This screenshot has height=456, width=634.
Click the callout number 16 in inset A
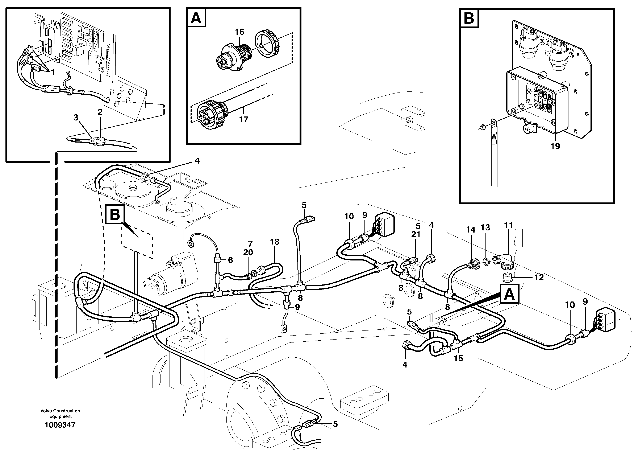pyautogui.click(x=239, y=32)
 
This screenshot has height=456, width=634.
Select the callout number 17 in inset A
pyautogui.click(x=243, y=119)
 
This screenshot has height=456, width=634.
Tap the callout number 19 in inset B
pyautogui.click(x=555, y=146)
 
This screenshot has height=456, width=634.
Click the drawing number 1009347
pyautogui.click(x=60, y=425)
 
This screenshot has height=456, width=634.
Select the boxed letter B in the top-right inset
pyautogui.click(x=469, y=18)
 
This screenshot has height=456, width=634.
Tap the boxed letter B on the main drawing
pyautogui.click(x=115, y=215)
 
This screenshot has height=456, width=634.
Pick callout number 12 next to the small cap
pyautogui.click(x=539, y=277)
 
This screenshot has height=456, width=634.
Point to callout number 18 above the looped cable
pyautogui.click(x=275, y=242)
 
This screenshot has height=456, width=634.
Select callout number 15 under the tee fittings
pyautogui.click(x=458, y=358)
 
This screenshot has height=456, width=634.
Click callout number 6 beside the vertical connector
pyautogui.click(x=230, y=260)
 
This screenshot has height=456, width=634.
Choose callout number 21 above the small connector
pyautogui.click(x=416, y=234)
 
